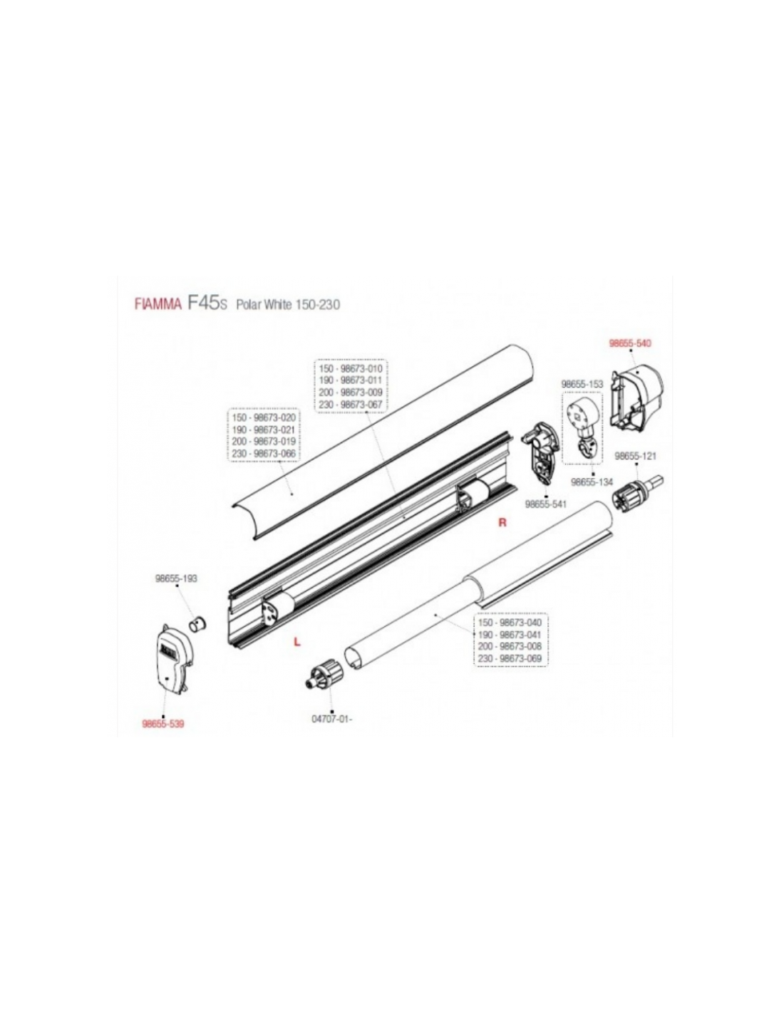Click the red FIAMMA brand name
coord(158,304)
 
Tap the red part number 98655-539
coord(163,724)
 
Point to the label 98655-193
coord(176,578)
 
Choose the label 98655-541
coord(546,503)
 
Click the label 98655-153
coord(582,385)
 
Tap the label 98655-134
coord(592,482)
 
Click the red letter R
coord(502,523)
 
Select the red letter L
coord(296,643)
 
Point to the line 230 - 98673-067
coord(350,405)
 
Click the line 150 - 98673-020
coord(264,417)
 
